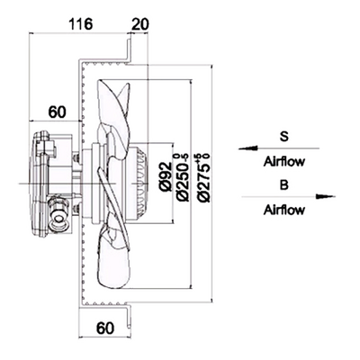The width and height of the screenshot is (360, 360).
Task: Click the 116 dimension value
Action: (80, 24)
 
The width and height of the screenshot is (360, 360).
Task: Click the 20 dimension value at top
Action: (140, 24)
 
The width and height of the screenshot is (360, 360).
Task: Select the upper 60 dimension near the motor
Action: (57, 112)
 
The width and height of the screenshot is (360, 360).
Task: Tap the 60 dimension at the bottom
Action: (105, 328)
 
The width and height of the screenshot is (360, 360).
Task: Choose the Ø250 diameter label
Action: (184, 177)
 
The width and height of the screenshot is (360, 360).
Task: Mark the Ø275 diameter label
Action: (203, 177)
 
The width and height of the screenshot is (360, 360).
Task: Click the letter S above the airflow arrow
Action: (283, 137)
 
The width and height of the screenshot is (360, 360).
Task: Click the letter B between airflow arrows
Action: (283, 185)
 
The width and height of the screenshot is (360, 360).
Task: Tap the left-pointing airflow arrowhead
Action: (247, 148)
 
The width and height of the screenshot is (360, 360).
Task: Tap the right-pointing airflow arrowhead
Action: (326, 196)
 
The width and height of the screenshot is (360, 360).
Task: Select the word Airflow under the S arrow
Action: (284, 162)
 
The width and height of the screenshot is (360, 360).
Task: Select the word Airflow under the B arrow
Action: (284, 210)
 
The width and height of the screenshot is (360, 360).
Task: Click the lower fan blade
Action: (112, 258)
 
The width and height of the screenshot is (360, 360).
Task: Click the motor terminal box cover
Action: (41, 184)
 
